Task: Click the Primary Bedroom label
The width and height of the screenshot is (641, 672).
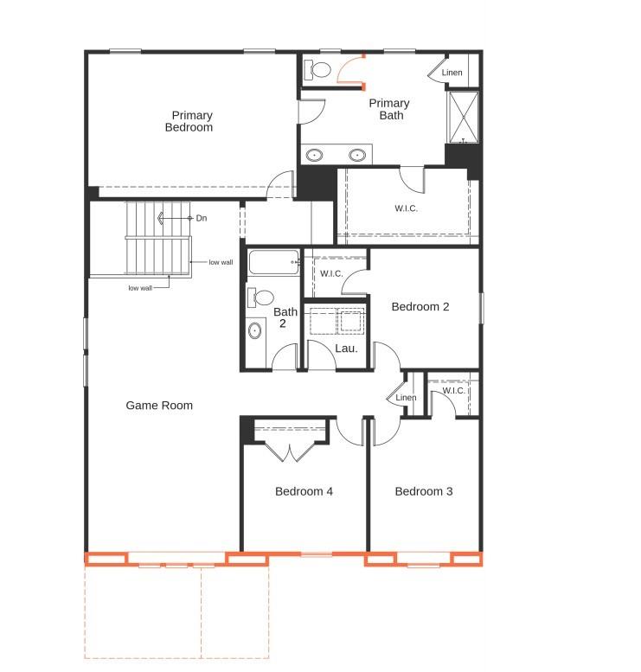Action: [191, 121]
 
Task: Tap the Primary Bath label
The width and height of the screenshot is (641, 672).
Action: [389, 109]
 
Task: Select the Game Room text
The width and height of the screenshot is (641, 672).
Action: [159, 405]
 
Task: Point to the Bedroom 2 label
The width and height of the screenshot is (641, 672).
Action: [420, 306]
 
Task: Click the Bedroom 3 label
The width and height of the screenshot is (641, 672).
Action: [424, 491]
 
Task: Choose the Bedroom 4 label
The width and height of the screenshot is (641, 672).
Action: [304, 491]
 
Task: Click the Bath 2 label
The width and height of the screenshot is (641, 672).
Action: [285, 317]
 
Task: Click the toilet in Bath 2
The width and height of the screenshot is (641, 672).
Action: [260, 298]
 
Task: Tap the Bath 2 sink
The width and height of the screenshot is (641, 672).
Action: [255, 330]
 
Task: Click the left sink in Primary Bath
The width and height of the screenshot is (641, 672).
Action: [316, 156]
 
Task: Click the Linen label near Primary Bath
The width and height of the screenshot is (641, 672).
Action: [452, 73]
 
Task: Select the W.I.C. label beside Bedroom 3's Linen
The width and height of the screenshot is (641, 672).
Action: [454, 391]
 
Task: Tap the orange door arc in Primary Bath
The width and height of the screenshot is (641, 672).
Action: [349, 69]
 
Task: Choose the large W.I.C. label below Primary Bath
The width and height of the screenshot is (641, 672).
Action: [407, 208]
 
